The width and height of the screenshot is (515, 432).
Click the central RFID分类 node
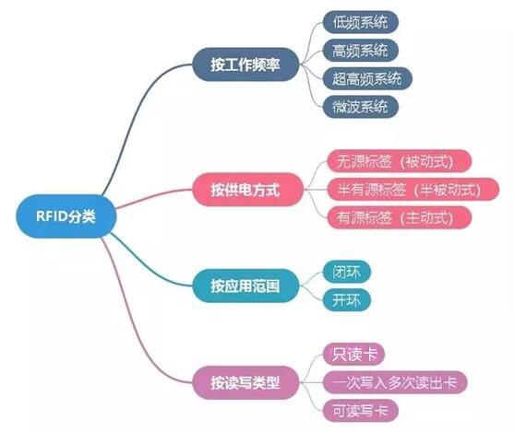pyautogui.click(x=66, y=216)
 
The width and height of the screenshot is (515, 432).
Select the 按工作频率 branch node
pyautogui.click(x=246, y=64)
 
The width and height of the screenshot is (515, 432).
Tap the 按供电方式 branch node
pyautogui.click(x=248, y=190)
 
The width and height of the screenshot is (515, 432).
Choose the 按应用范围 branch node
pyautogui.click(x=246, y=286)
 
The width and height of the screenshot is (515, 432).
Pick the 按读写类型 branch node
pyautogui.click(x=246, y=382)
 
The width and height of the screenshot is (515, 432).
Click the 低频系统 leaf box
pyautogui.click(x=360, y=22)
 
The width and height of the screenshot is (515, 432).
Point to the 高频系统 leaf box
pyautogui.click(x=360, y=51)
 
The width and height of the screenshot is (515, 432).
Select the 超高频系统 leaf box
pyautogui.click(x=367, y=78)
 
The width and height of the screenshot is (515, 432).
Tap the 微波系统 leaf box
pyautogui.click(x=360, y=107)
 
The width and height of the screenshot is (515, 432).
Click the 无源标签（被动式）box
pyautogui.click(x=399, y=161)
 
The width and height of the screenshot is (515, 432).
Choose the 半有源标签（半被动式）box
pyautogui.click(x=413, y=189)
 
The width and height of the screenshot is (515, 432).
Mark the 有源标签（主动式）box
pyautogui.click(x=399, y=217)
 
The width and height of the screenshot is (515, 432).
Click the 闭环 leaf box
pyautogui.click(x=346, y=272)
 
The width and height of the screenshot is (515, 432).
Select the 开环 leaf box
pyautogui.click(x=346, y=300)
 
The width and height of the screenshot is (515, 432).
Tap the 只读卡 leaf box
pyautogui.click(x=353, y=354)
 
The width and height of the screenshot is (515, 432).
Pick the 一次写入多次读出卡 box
pyautogui.click(x=394, y=382)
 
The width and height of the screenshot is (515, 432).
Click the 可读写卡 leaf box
pyautogui.click(x=360, y=411)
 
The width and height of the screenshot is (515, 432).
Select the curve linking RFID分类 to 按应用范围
pyautogui.click(x=148, y=265)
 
